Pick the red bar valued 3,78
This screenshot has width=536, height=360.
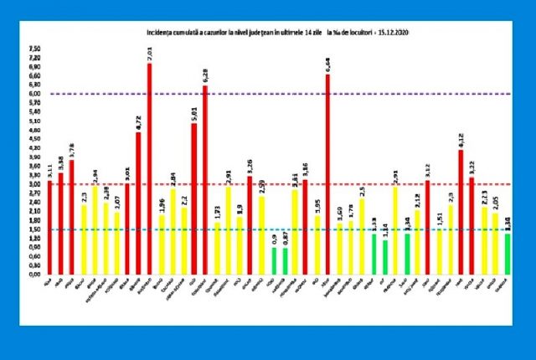72,218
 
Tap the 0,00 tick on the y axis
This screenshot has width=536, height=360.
34,275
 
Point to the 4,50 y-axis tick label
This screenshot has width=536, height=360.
34,139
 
